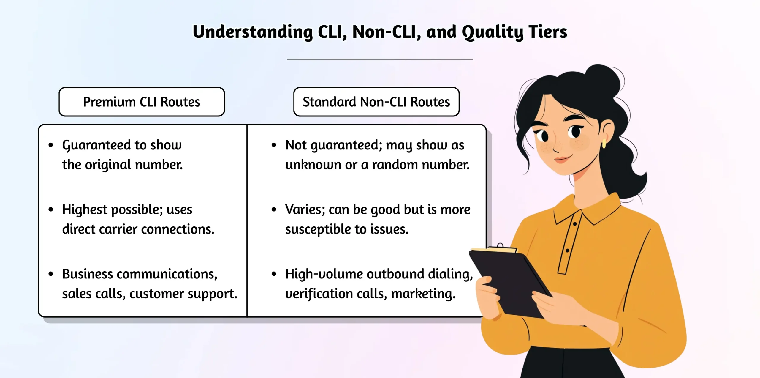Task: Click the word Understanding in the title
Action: [252, 32]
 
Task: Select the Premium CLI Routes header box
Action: [142, 102]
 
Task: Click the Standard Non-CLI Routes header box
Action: [376, 102]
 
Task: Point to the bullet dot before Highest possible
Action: [51, 210]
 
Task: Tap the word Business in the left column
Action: [87, 274]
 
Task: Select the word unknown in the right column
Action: [313, 165]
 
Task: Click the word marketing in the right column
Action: [423, 294]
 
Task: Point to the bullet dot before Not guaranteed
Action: [274, 145]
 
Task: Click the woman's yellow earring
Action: [604, 144]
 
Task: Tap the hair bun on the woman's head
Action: [603, 79]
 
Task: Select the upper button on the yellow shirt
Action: [575, 224]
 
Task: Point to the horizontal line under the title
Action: [380, 59]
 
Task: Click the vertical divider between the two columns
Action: [247, 220]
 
